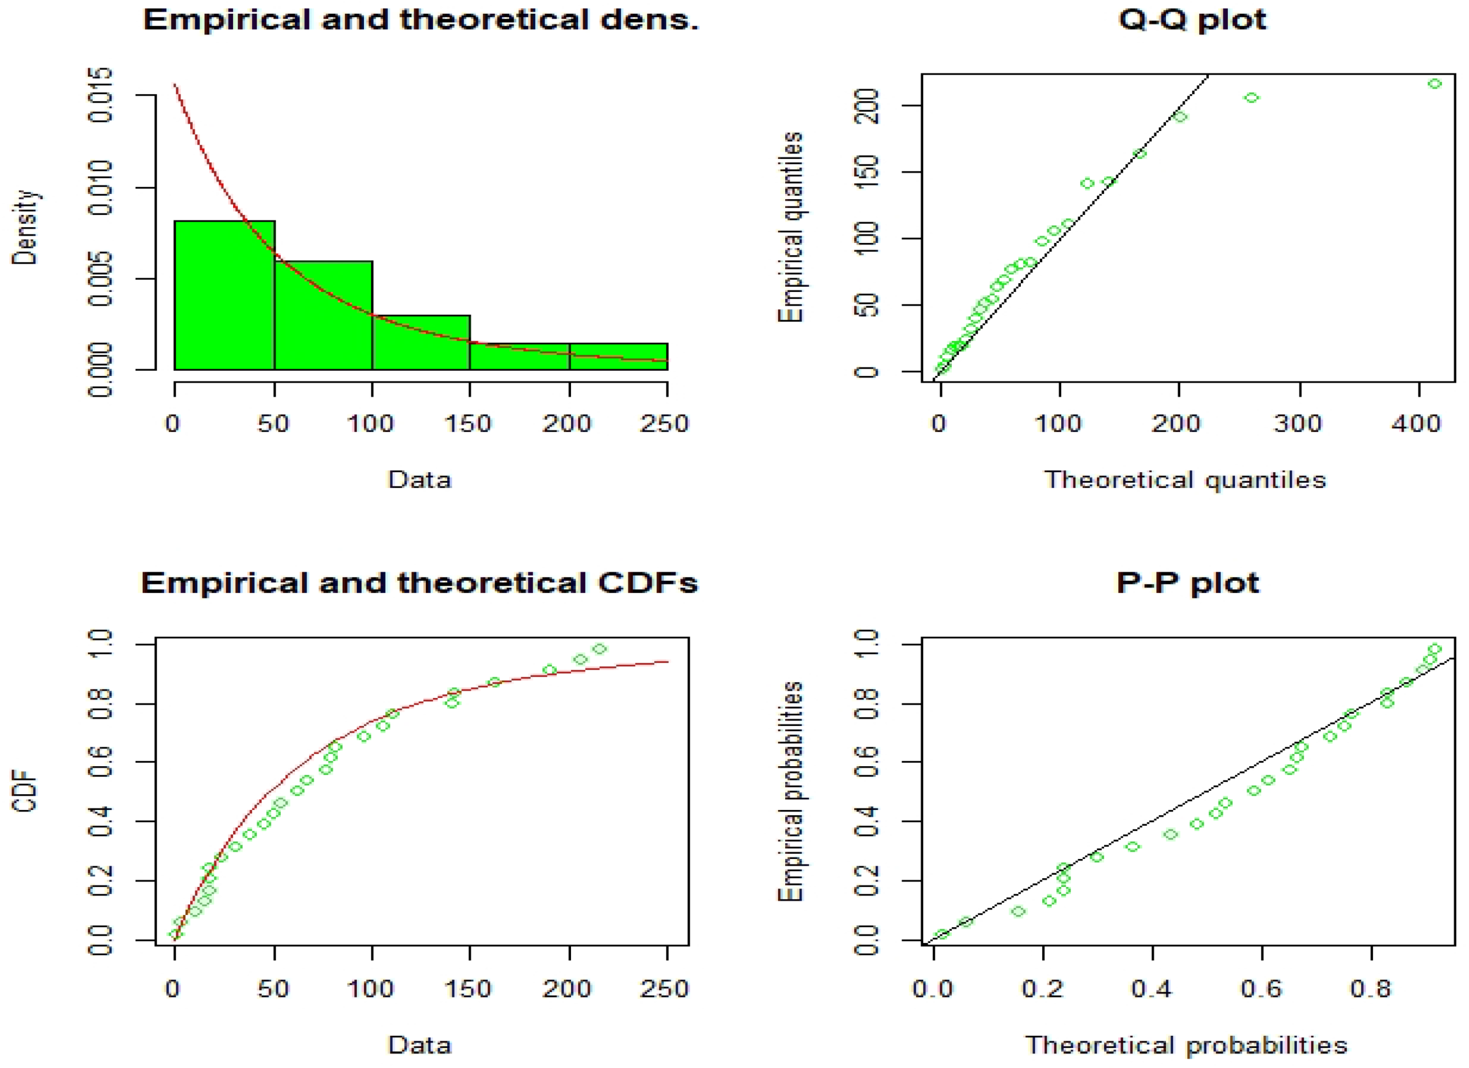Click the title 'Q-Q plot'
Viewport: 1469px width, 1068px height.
[x=1192, y=19]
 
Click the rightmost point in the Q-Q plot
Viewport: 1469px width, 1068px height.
[x=1435, y=84]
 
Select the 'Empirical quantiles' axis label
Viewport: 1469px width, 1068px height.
[x=790, y=227]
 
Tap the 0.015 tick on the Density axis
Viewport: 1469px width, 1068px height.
[x=100, y=95]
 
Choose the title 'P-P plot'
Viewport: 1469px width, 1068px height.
[x=1187, y=583]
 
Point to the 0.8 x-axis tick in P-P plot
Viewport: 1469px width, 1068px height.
[x=1371, y=989]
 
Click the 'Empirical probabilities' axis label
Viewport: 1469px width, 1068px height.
[x=790, y=792]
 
